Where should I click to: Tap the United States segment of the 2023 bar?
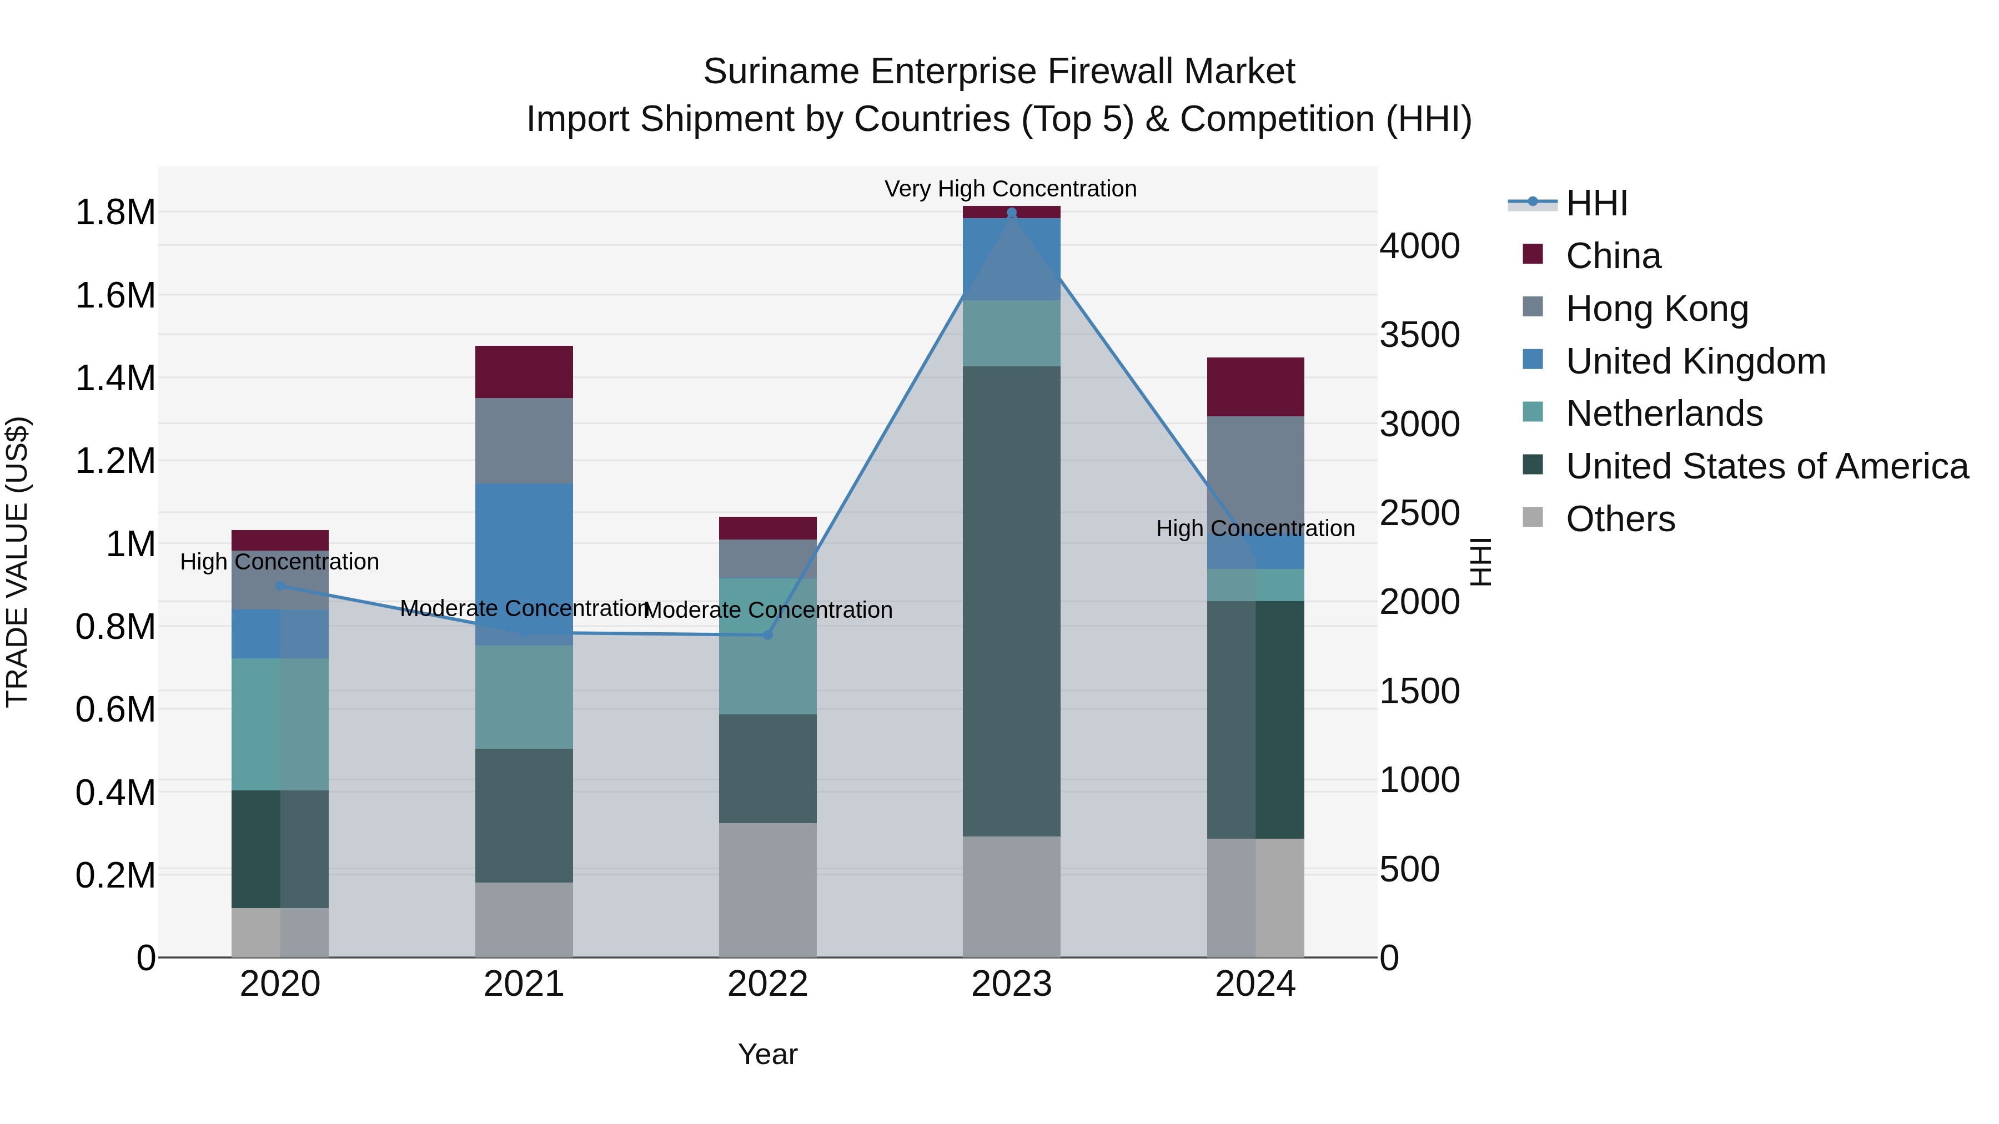1011,601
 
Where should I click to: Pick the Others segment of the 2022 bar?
767,890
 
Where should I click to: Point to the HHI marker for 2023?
1011,213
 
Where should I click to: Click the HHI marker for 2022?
767,634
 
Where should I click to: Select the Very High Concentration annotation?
1011,189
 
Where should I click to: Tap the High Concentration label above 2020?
279,562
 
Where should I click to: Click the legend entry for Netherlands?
1664,414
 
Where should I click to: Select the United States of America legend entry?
1766,466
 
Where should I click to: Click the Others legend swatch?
1533,517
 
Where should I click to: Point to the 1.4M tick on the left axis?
115,379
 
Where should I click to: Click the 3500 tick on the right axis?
1419,335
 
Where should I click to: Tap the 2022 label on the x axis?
767,984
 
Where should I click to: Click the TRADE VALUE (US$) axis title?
17,562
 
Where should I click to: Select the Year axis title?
767,1054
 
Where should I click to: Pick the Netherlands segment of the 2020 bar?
279,724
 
